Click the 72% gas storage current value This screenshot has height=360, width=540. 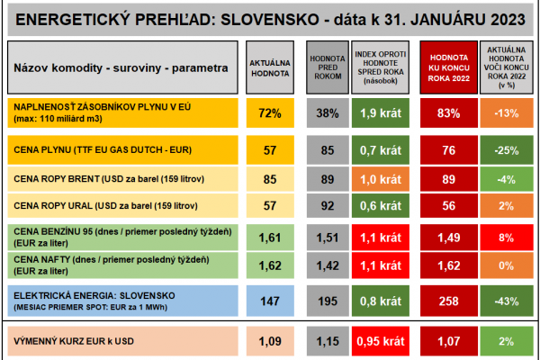coord(270,113)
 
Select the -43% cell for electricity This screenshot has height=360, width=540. coord(504,301)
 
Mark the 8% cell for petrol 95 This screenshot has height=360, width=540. coord(504,238)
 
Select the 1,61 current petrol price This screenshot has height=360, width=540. coord(270,238)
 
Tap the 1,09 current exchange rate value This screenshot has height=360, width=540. coord(270,342)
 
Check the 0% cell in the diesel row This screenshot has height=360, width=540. coord(504,265)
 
